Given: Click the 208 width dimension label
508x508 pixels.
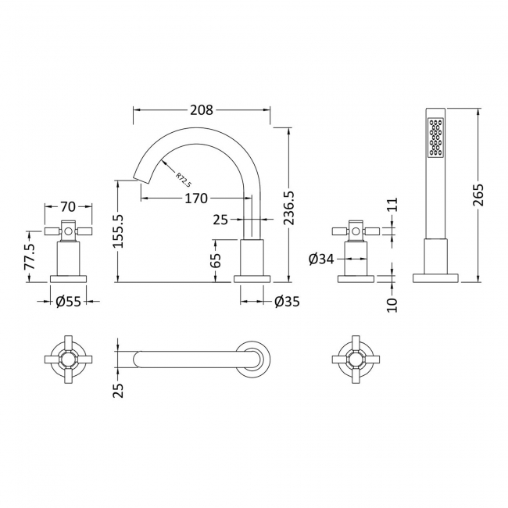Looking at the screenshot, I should point(202,110).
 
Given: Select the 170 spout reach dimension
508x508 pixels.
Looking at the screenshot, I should point(195,199).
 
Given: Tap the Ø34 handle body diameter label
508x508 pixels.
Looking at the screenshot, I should point(321,259).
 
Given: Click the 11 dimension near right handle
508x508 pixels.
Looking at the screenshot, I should point(392,205).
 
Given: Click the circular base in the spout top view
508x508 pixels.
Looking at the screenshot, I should point(255,360).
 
